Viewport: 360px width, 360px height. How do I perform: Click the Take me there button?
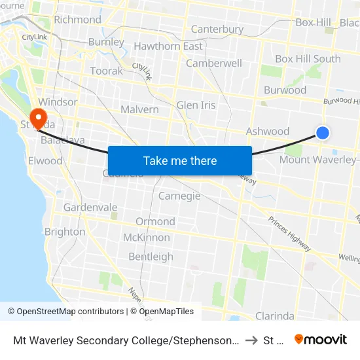pos(179,160)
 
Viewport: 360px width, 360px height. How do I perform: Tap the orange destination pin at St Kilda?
pos(39,118)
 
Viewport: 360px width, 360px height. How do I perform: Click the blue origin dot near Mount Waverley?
pos(322,133)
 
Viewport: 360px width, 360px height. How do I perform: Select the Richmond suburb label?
pos(77,20)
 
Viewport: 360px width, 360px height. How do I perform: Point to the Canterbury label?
pos(217,29)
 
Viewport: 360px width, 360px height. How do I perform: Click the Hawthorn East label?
pos(168,46)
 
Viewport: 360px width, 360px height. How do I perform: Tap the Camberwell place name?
pos(213,63)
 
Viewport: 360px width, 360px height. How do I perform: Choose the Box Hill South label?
pos(308,59)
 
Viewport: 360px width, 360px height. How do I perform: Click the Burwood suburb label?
pos(285,90)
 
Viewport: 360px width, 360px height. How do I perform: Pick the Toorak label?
pos(106,71)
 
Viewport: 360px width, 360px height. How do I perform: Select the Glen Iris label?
pos(196,105)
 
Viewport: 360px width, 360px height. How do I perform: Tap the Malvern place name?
pos(139,109)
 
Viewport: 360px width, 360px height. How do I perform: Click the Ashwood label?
pos(267,132)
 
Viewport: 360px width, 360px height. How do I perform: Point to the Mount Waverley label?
pos(317,160)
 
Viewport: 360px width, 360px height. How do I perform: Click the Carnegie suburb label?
pos(179,196)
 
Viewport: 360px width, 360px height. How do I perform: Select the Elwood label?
pos(45,160)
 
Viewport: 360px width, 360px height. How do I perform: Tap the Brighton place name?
pos(65,232)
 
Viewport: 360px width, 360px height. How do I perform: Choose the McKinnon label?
pos(147,238)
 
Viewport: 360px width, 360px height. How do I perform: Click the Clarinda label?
pos(274,316)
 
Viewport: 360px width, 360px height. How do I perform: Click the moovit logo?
pos(320,339)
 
